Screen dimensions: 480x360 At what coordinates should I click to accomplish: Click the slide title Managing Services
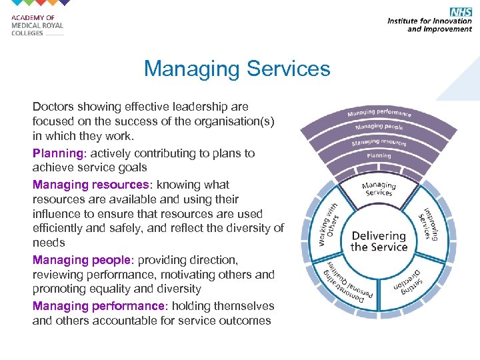pos(237,69)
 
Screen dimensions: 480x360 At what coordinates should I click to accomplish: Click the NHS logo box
pos(461,11)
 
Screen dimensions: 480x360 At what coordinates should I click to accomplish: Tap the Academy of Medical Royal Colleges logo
pos(37,26)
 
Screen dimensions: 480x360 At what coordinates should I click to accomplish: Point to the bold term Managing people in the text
pos(82,259)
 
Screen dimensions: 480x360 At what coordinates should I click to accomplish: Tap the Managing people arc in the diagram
pos(379,127)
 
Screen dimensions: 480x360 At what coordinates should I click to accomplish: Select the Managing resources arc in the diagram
pos(379,141)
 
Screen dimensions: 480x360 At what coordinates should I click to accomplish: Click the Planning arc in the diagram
pos(379,156)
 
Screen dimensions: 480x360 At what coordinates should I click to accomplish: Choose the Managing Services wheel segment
pos(379,189)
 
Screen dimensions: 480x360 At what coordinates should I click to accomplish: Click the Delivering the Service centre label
pos(379,241)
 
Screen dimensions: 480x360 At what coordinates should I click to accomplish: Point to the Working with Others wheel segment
pos(327,225)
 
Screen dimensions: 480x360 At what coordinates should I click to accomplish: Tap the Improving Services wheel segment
pos(429,225)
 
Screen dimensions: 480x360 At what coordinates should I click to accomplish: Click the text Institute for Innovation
pos(429,21)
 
